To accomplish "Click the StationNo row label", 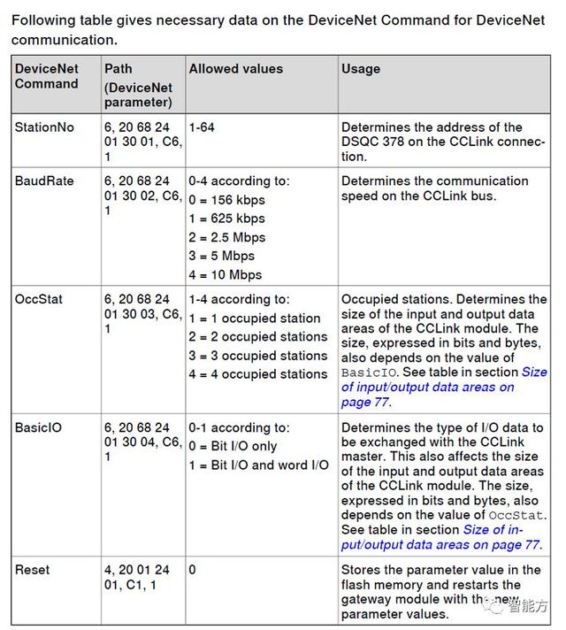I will [44, 127].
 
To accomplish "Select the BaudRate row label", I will [42, 181].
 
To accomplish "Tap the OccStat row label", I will [39, 300].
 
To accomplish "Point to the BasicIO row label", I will [38, 427].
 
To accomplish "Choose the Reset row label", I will [33, 570].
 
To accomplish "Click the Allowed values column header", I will [236, 69].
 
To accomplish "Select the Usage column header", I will [361, 69].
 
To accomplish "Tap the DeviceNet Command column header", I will [47, 76].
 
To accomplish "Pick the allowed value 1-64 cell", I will [202, 127].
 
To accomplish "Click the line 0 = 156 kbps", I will [227, 200].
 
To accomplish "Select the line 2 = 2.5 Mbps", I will [227, 237].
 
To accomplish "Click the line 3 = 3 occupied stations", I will [258, 356].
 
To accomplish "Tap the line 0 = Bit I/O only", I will [233, 446].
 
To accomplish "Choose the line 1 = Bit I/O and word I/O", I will [258, 465].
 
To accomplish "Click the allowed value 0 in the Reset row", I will [192, 570].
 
